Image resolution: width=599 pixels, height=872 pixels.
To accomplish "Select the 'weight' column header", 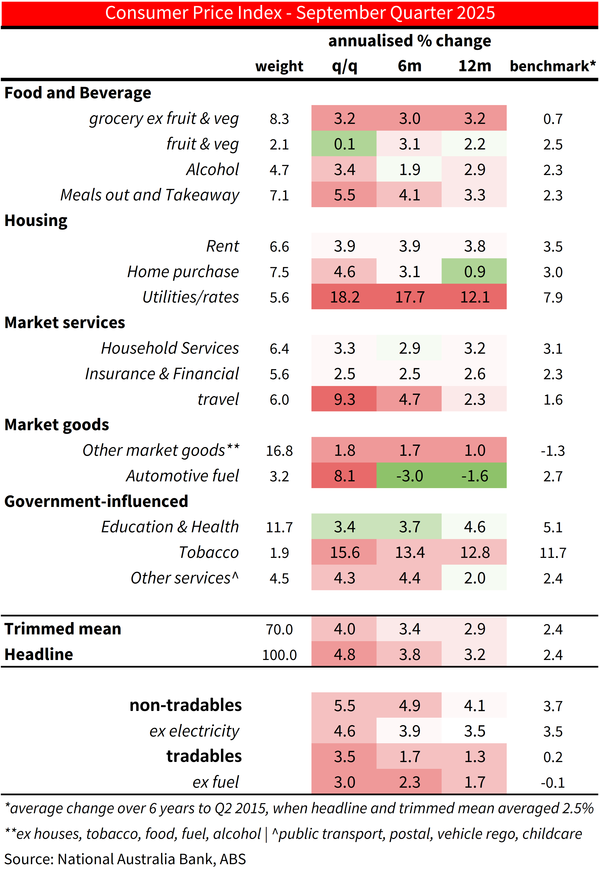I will click(x=279, y=66).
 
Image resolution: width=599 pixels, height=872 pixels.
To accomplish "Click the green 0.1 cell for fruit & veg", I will click(x=344, y=144).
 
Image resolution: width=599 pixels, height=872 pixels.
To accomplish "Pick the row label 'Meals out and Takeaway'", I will click(x=150, y=195).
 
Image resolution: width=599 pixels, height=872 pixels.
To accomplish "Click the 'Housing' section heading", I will click(x=36, y=220).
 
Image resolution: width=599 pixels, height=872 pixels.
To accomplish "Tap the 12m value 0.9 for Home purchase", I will click(x=474, y=271).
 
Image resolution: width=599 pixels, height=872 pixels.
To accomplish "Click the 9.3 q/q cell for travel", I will click(x=344, y=399).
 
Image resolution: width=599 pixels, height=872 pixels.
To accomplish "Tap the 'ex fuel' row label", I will click(x=216, y=782).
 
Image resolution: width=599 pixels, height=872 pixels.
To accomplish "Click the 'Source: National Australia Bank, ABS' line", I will click(x=125, y=859).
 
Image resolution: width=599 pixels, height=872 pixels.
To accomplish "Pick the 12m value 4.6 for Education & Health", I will click(x=474, y=527).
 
